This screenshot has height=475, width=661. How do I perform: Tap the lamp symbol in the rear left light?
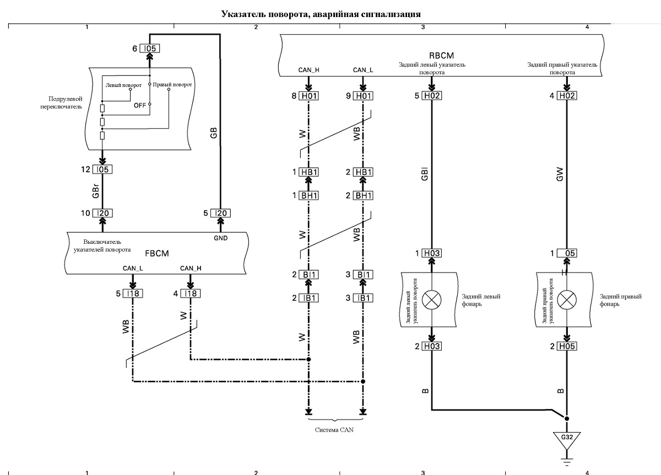coord(432,300)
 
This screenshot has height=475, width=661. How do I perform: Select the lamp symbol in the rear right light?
coord(567,300)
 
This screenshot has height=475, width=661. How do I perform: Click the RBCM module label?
coord(441,56)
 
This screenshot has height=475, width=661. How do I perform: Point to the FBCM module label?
coord(157,253)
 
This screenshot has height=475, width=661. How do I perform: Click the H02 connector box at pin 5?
coord(432,96)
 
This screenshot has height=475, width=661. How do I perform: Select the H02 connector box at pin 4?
coord(567,96)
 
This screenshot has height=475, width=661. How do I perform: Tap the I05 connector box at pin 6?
coord(150,48)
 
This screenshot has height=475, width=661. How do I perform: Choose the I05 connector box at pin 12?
coord(102,170)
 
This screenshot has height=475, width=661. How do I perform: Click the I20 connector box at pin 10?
coord(102,213)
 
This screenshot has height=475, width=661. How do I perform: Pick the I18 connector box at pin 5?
coord(133,293)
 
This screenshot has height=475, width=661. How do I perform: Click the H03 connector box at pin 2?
coord(432,346)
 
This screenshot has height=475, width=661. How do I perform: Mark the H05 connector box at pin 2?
coord(567,346)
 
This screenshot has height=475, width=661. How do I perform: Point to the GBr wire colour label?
coord(95,191)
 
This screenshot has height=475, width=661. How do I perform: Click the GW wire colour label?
coord(560,174)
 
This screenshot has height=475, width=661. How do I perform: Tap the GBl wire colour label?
coord(424,174)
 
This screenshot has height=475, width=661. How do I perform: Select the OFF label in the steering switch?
coord(140,105)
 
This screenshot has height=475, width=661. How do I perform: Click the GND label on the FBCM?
coord(221,238)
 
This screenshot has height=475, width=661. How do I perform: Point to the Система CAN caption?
coord(334,430)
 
